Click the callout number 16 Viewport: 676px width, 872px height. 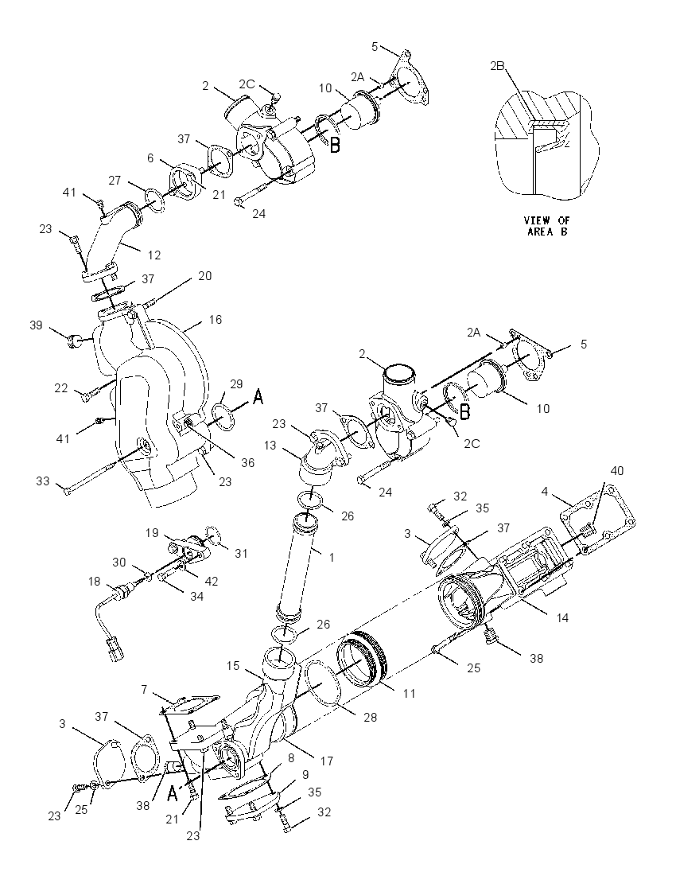pyautogui.click(x=216, y=320)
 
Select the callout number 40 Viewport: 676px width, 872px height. pyautogui.click(x=617, y=470)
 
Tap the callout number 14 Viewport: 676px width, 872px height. pyautogui.click(x=562, y=617)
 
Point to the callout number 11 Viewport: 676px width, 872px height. pyautogui.click(x=409, y=693)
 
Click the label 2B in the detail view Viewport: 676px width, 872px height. pyautogui.click(x=497, y=65)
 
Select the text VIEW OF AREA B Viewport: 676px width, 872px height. pyautogui.click(x=548, y=226)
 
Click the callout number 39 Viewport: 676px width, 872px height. pyautogui.click(x=36, y=325)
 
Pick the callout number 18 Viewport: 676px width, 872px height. pyautogui.click(x=94, y=581)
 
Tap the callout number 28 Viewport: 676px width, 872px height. pyautogui.click(x=371, y=718)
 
